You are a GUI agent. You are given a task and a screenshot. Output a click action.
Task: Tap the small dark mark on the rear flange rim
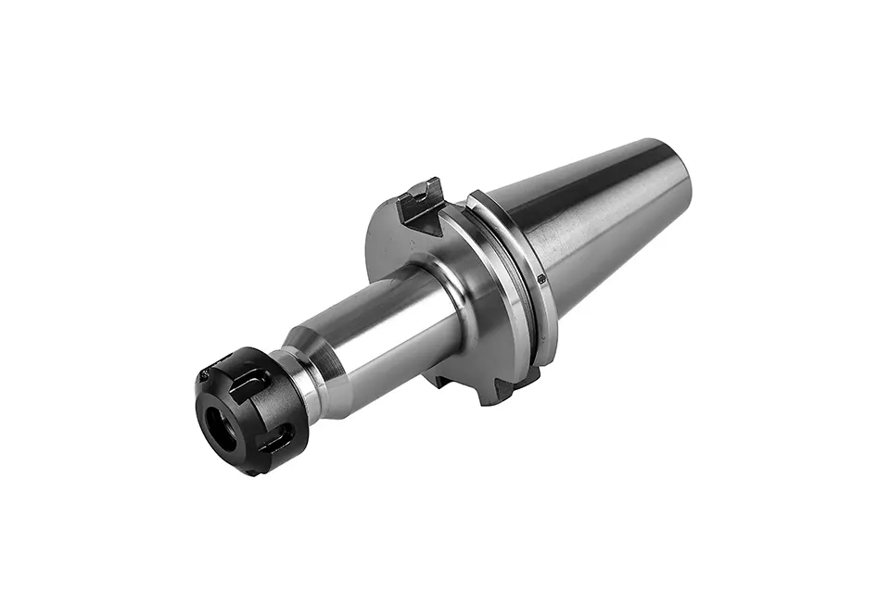tap(541, 277)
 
